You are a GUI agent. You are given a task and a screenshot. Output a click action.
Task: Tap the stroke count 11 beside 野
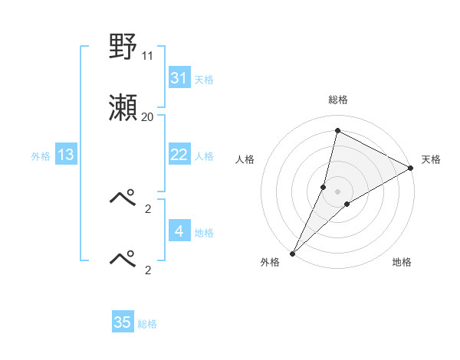(148, 56)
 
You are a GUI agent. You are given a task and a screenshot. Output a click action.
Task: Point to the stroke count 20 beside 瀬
(148, 117)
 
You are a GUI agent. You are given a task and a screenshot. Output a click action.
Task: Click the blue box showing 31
(179, 78)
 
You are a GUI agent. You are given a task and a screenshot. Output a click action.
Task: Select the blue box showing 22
(179, 155)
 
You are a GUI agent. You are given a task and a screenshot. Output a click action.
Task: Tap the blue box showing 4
(179, 231)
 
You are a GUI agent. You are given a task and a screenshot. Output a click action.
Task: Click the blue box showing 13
(66, 155)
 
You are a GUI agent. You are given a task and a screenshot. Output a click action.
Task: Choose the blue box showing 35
(123, 322)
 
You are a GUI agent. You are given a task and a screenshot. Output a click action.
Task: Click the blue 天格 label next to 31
(204, 79)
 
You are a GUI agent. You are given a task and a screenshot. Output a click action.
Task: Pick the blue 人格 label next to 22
(204, 155)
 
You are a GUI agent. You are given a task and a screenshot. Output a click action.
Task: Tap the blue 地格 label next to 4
(204, 232)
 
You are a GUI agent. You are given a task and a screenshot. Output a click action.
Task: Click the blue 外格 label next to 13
(41, 155)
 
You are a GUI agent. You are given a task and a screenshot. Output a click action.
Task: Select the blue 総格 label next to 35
(147, 324)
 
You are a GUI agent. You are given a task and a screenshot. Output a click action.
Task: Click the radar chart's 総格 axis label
(337, 100)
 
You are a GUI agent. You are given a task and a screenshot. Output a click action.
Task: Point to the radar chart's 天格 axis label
(431, 159)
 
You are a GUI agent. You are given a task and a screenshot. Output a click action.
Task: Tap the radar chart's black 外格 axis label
(270, 262)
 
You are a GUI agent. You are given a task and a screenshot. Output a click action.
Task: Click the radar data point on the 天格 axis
(410, 168)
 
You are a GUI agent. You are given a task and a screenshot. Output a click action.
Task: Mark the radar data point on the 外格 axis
(292, 253)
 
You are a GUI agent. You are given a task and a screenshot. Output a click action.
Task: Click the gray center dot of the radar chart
(337, 191)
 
